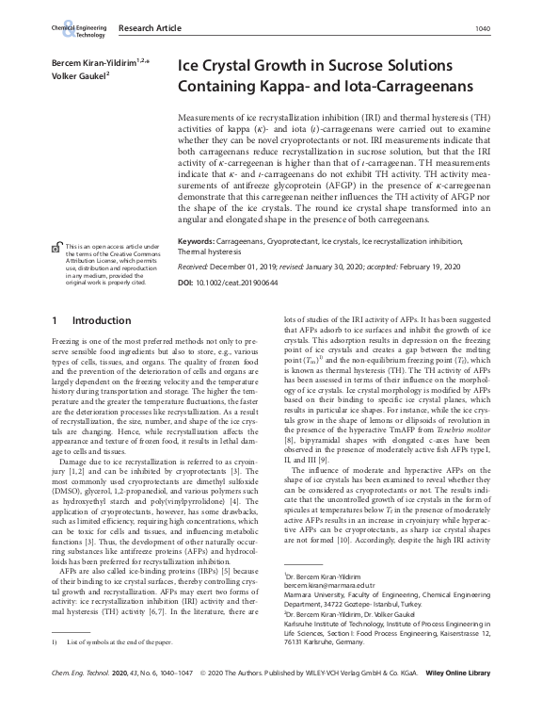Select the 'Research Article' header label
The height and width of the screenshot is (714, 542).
[x=149, y=29]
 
